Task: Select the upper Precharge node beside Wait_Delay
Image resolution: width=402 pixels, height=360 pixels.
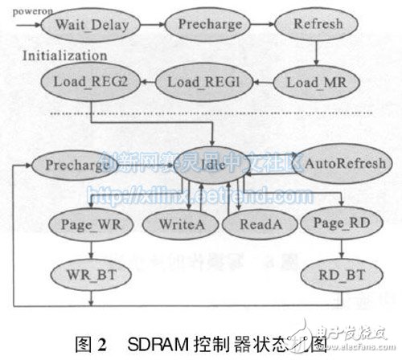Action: coord(211,25)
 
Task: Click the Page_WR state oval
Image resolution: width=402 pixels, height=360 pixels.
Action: coord(84,223)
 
